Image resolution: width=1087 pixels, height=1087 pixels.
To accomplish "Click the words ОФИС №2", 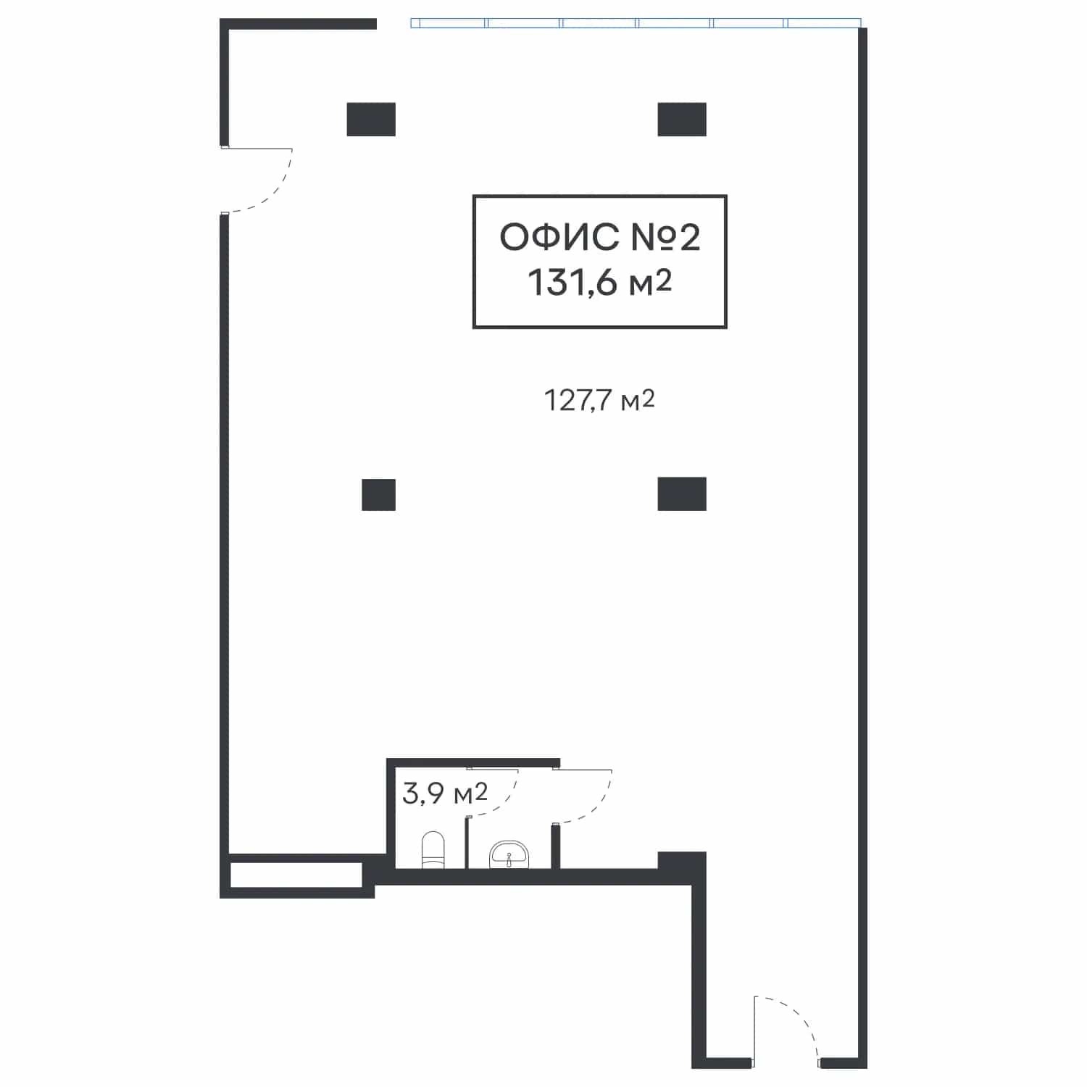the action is tap(600, 236).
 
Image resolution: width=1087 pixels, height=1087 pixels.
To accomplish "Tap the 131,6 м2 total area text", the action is tap(600, 282).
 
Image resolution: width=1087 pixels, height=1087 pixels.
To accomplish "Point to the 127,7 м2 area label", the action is tap(599, 400).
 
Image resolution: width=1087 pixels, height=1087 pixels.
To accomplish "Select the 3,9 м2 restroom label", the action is tap(444, 794).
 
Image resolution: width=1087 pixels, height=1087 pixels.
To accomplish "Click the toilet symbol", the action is tap(433, 849).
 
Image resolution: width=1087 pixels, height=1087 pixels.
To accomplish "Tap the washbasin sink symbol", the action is tap(509, 855).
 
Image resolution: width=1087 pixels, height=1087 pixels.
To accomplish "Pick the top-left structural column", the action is tap(371, 120).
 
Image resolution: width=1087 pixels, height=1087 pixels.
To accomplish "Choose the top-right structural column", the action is tap(682, 120).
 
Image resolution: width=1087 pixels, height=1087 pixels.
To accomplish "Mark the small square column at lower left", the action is tap(379, 495).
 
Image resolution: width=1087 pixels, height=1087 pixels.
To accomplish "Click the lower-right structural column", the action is tap(682, 493).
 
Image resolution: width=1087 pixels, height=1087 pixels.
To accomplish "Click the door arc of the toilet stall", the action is tap(503, 801).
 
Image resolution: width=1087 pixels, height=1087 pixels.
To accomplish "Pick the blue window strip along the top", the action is tap(636, 23).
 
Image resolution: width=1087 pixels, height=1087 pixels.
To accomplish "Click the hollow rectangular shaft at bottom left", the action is tap(296, 875).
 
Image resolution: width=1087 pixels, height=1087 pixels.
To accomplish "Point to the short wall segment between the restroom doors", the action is tap(556, 846).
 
